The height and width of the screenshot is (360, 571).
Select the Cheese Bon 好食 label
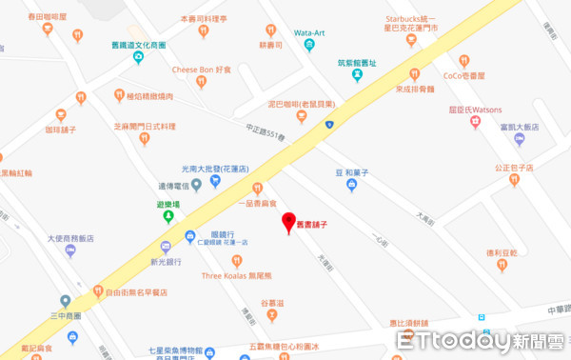point(202,69)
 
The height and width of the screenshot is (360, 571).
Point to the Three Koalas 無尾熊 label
point(235,276)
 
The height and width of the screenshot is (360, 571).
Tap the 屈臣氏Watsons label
point(475,108)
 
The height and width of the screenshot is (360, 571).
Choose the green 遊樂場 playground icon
point(168,215)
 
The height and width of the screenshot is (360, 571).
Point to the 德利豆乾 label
point(502,252)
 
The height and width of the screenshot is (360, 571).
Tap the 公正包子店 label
point(513,168)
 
